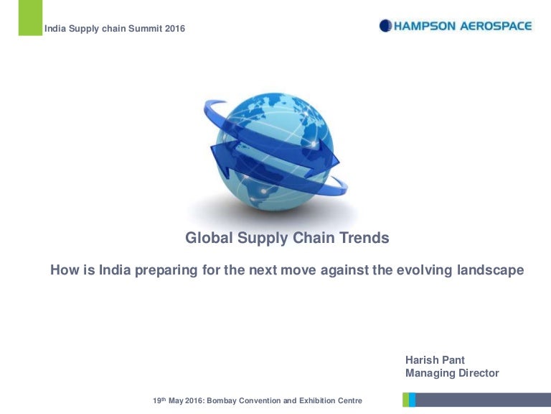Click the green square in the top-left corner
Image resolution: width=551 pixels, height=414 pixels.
click(29, 17)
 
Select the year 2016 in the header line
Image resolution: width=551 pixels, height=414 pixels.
click(174, 29)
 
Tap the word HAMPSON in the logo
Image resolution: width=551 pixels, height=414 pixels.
click(429, 26)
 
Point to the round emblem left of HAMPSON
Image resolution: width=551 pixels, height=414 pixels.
click(386, 26)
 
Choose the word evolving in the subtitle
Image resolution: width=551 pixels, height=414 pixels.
click(425, 270)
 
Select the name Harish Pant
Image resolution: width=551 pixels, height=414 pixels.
click(435, 360)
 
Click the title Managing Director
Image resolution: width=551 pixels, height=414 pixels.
click(452, 373)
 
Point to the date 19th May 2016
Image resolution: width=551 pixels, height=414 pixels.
click(177, 400)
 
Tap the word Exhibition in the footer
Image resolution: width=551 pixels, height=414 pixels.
click(315, 400)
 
